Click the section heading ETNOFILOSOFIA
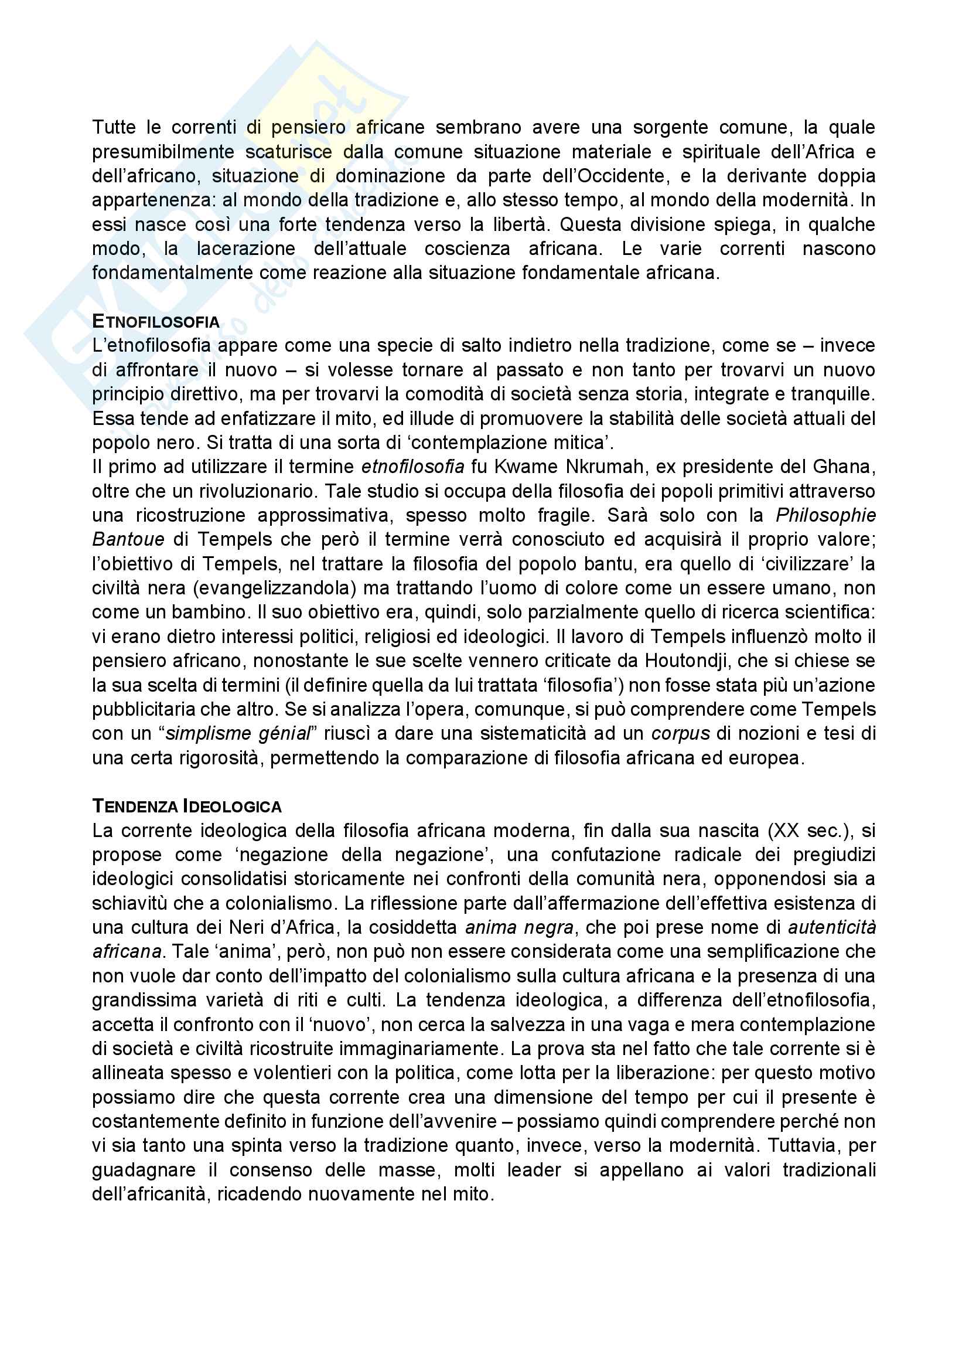156,322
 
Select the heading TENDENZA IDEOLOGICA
187,807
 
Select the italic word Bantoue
128,540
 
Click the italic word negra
549,928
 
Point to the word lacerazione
247,249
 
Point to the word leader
534,1171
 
